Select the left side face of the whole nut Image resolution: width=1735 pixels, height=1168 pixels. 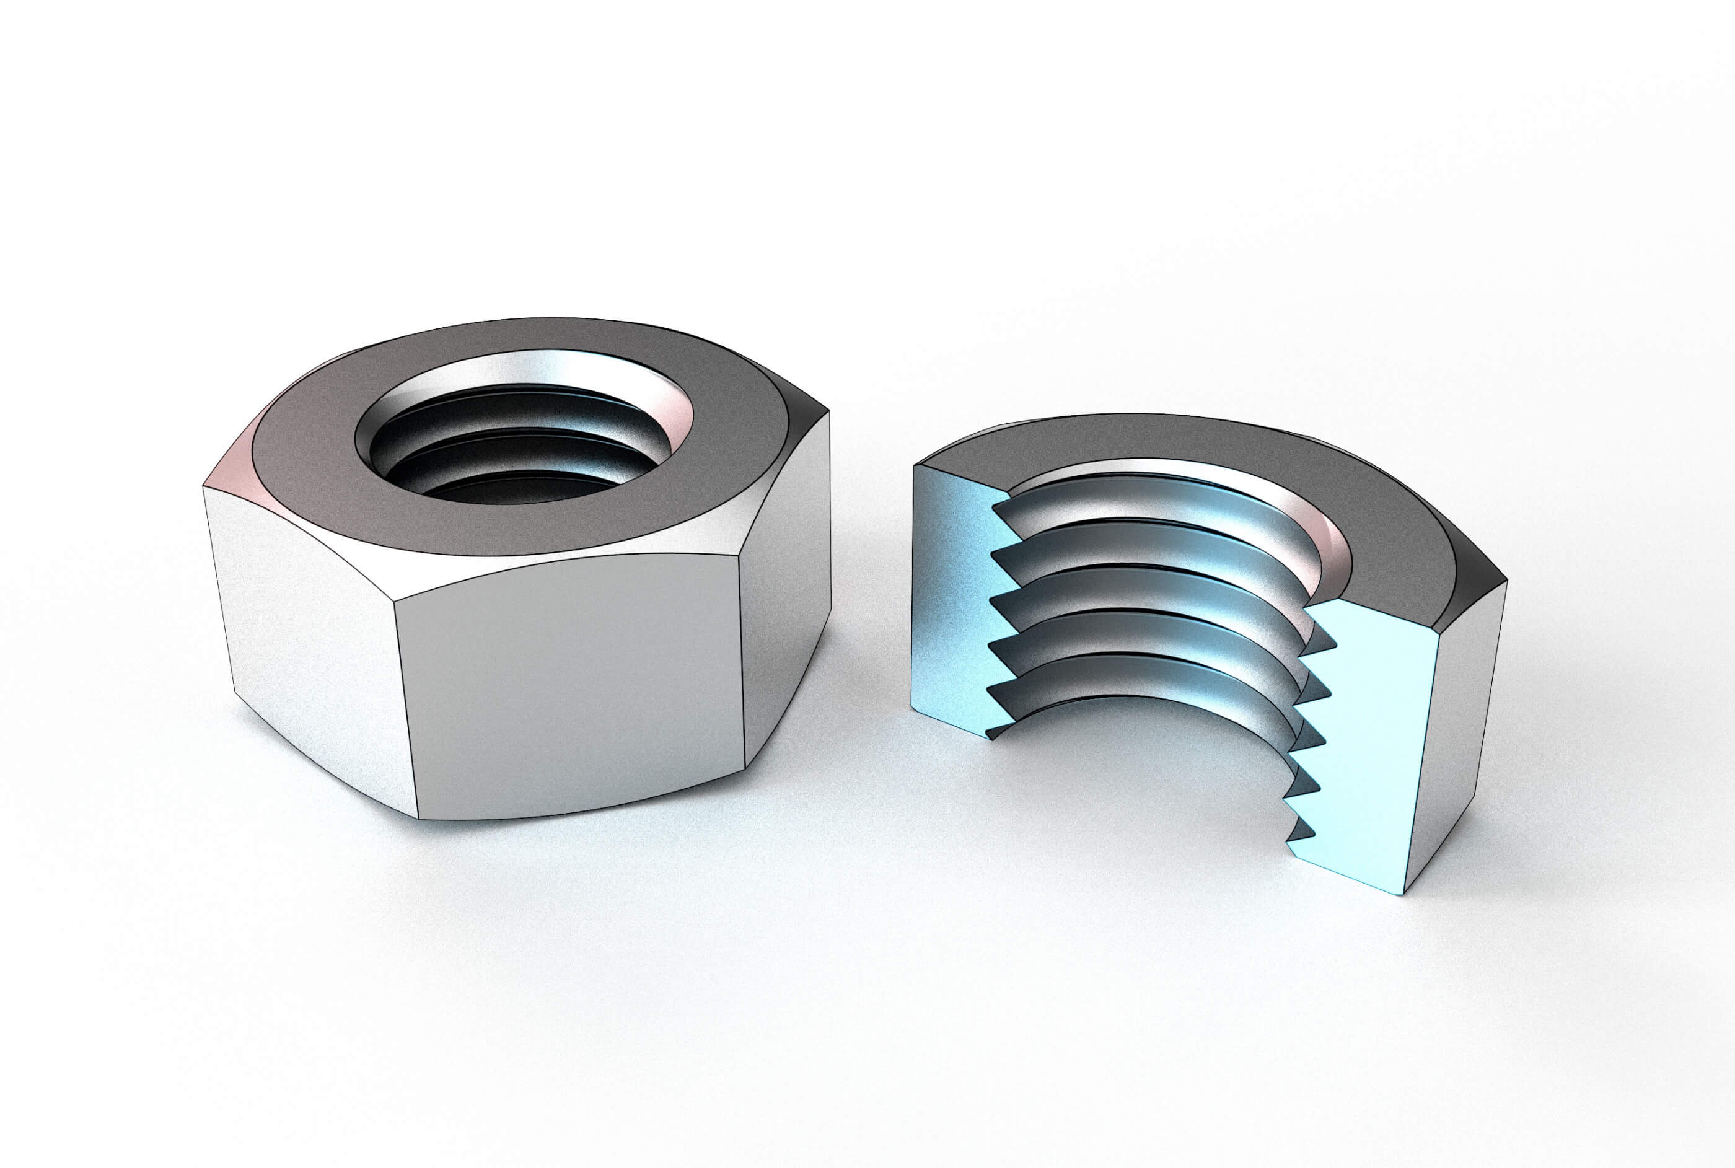[x=313, y=641]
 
